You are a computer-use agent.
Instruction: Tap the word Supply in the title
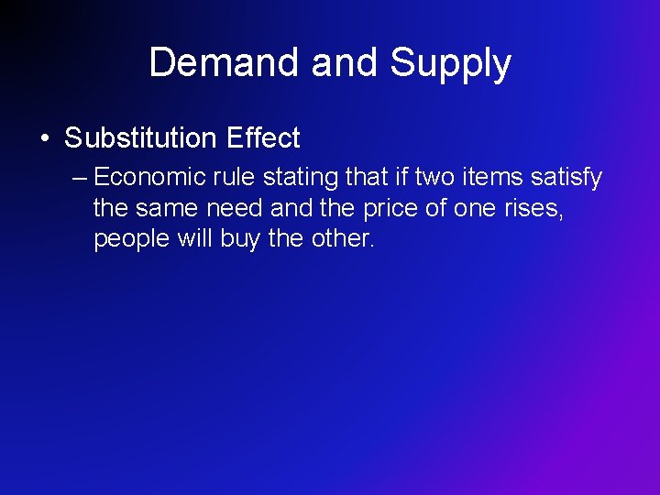tap(450, 63)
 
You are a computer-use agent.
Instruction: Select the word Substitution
tap(138, 138)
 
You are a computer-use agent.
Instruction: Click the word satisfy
tap(566, 177)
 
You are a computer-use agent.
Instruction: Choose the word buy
tap(241, 239)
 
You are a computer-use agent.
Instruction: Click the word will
tap(194, 239)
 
